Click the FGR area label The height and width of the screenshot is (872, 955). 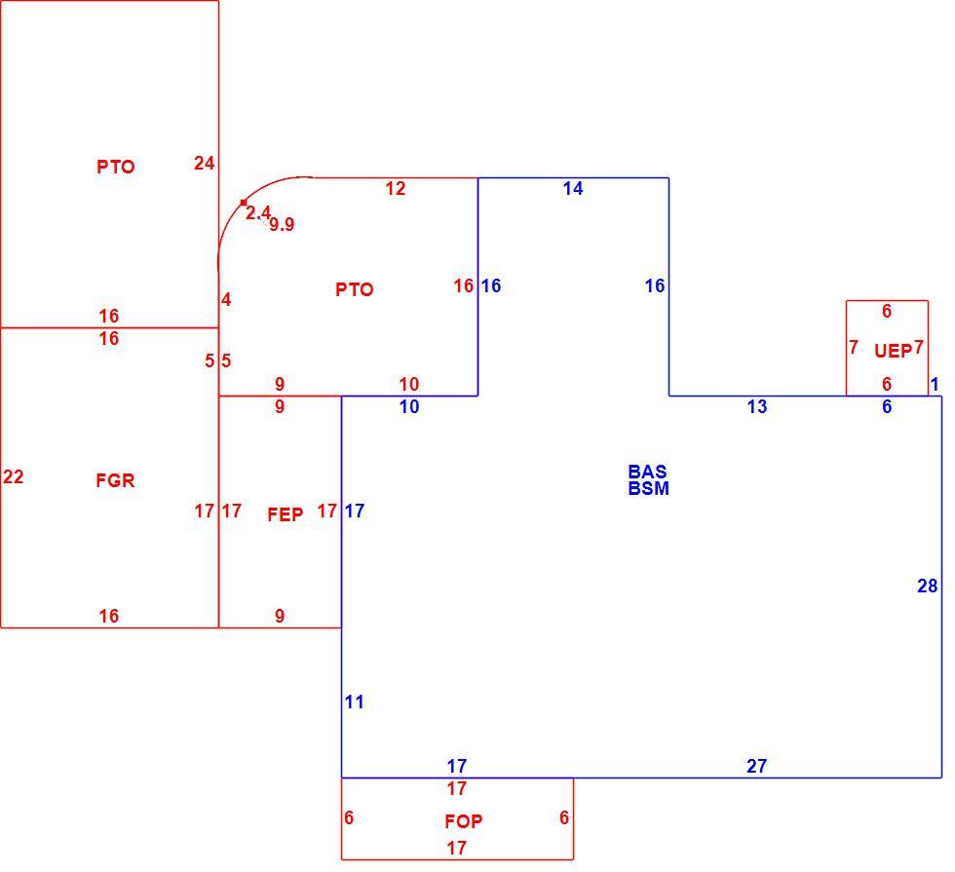coord(115,480)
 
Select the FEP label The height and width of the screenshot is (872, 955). coord(285,514)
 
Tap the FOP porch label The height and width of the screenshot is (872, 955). coord(464,821)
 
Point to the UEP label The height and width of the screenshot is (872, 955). coord(893,351)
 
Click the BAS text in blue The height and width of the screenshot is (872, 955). coord(647,472)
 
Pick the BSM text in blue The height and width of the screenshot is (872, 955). coord(649,488)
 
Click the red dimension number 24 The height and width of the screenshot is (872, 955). coord(205,164)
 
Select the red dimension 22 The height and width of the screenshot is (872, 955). coord(14,476)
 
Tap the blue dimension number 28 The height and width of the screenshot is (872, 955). coord(928,586)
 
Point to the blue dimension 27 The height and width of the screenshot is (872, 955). coord(757,766)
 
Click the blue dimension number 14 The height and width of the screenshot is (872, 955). coord(573,189)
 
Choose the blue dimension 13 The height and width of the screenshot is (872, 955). coord(757,407)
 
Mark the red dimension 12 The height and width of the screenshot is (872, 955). coord(396,189)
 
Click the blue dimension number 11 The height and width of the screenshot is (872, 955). coord(355,702)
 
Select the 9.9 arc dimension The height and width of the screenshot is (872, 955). coord(282,225)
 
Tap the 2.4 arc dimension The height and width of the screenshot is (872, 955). coord(258,213)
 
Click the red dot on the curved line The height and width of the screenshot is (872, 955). coord(244,203)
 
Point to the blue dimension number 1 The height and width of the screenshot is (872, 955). coord(935,384)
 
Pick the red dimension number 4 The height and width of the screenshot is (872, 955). coord(226,300)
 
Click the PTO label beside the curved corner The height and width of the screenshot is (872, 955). coord(355,289)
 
